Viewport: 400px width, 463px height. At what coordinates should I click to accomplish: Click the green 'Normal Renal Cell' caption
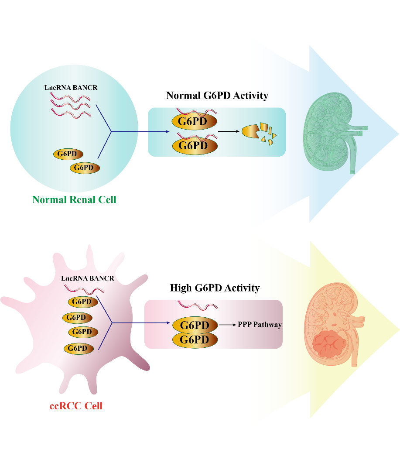(74, 200)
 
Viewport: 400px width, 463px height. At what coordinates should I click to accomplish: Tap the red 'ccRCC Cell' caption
(76, 406)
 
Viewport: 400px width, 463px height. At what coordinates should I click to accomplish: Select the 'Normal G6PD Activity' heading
(217, 96)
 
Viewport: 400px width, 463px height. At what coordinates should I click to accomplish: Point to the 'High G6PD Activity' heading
(215, 288)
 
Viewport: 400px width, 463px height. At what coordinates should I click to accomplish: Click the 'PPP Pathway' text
(260, 325)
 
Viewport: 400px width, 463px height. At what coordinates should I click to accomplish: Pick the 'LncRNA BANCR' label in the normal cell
(71, 88)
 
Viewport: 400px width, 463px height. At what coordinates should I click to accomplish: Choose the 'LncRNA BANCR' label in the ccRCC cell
(88, 278)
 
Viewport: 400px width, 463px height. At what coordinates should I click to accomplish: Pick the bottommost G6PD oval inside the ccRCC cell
(79, 348)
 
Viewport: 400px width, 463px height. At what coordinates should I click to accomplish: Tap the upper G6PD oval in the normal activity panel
(194, 121)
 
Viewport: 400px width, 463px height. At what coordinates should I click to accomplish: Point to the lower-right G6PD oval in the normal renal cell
(85, 168)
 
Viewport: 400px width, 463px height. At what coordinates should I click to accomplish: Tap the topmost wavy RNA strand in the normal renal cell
(70, 96)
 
